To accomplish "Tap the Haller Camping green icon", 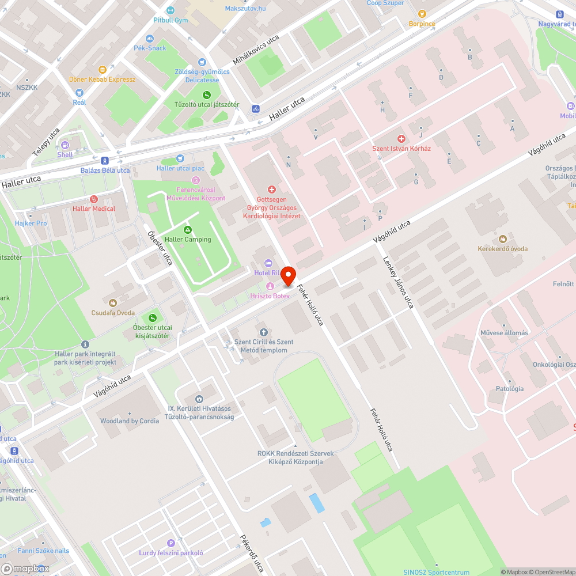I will pyautogui.click(x=188, y=230).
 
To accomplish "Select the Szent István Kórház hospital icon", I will pyautogui.click(x=401, y=139).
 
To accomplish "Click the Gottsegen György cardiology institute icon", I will pyautogui.click(x=272, y=189).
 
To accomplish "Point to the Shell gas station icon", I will pyautogui.click(x=65, y=145).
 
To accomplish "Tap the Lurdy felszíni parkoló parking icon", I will pyautogui.click(x=170, y=543).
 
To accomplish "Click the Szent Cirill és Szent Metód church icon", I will pyautogui.click(x=263, y=332).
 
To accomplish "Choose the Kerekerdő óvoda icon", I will pyautogui.click(x=502, y=239).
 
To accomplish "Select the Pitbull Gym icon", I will pyautogui.click(x=170, y=10).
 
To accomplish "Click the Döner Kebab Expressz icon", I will pyautogui.click(x=103, y=70).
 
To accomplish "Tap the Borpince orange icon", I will pyautogui.click(x=422, y=14).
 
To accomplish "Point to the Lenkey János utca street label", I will pyautogui.click(x=398, y=282).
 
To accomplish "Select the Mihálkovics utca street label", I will pyautogui.click(x=256, y=50).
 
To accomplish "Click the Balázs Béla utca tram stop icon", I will pyautogui.click(x=104, y=161).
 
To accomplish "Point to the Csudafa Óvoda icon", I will pyautogui.click(x=112, y=301).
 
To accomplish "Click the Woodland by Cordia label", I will pyautogui.click(x=130, y=421).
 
